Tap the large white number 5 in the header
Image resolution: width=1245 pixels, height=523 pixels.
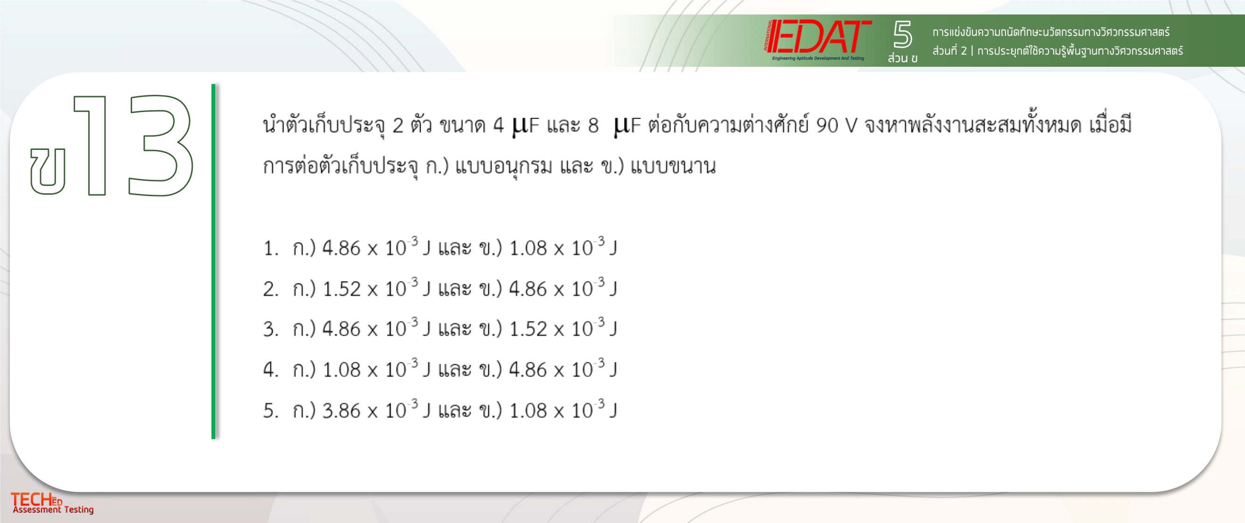902,34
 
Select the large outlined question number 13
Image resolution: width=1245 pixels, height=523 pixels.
134,145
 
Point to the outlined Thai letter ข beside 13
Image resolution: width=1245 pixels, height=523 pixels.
47,170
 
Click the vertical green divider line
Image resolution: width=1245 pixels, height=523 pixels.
213,261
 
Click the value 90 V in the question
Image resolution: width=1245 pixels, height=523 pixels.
837,126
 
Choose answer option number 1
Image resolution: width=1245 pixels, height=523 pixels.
440,247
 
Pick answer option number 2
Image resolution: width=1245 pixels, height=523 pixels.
440,288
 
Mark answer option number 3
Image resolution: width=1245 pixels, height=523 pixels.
440,329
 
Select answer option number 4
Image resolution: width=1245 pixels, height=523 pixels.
440,369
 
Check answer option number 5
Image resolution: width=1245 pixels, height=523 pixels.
440,410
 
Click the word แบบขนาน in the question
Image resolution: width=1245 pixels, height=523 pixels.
673,166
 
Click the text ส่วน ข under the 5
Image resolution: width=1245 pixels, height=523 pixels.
902,58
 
